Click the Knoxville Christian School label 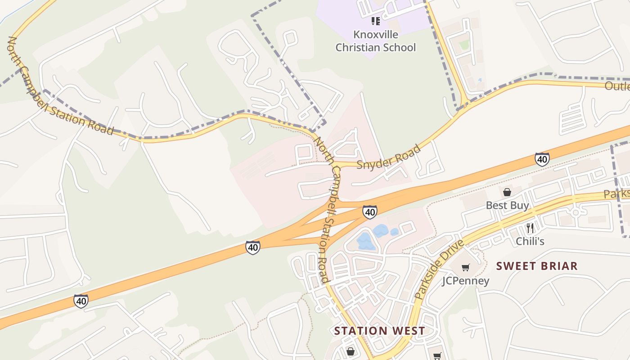point(375,41)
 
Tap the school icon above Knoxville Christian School point(375,21)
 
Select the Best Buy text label point(507,206)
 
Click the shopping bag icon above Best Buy point(507,192)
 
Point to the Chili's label point(530,241)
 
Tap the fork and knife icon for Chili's point(530,228)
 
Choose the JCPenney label point(465,281)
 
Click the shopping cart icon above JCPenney point(465,267)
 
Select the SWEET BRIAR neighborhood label point(537,266)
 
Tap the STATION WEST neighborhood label point(379,331)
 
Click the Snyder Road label point(389,157)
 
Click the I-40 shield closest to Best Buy point(542,159)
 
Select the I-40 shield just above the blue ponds point(369,211)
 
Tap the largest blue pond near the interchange point(366,242)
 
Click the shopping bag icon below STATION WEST point(350,351)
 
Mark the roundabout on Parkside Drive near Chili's point(575,211)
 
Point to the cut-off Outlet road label point(617,86)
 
